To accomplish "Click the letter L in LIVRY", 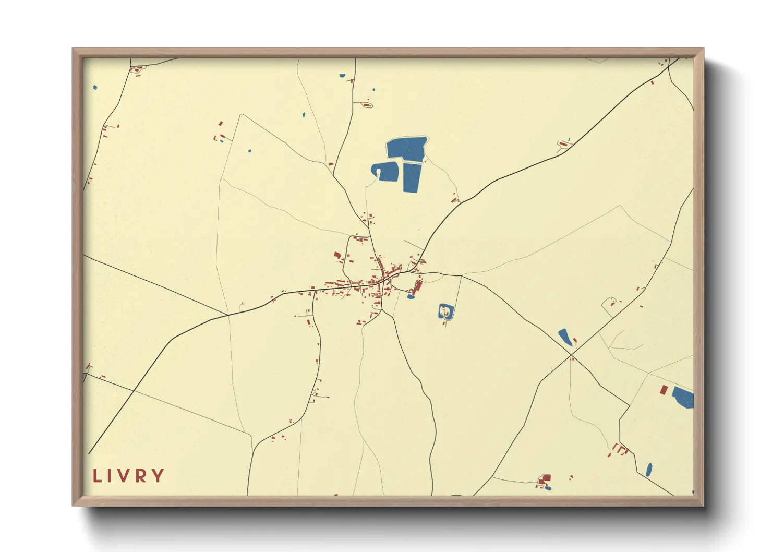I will click(96, 476).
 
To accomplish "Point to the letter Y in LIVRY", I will click(159, 476).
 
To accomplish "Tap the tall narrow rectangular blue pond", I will click(412, 178).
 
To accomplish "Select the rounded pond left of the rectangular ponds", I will click(387, 171).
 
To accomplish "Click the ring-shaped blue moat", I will click(445, 312).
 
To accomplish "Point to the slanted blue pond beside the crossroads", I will click(564, 337).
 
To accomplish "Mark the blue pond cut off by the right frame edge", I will click(683, 398).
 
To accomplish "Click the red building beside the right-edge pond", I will click(664, 390).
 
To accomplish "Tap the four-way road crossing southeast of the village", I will click(571, 355).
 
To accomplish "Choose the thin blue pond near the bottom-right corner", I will click(649, 470).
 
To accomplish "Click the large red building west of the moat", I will click(417, 286).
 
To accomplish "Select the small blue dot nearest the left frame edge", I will click(95, 88).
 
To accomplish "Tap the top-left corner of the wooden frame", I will click(73, 49).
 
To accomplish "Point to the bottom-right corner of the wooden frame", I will click(704, 506).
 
